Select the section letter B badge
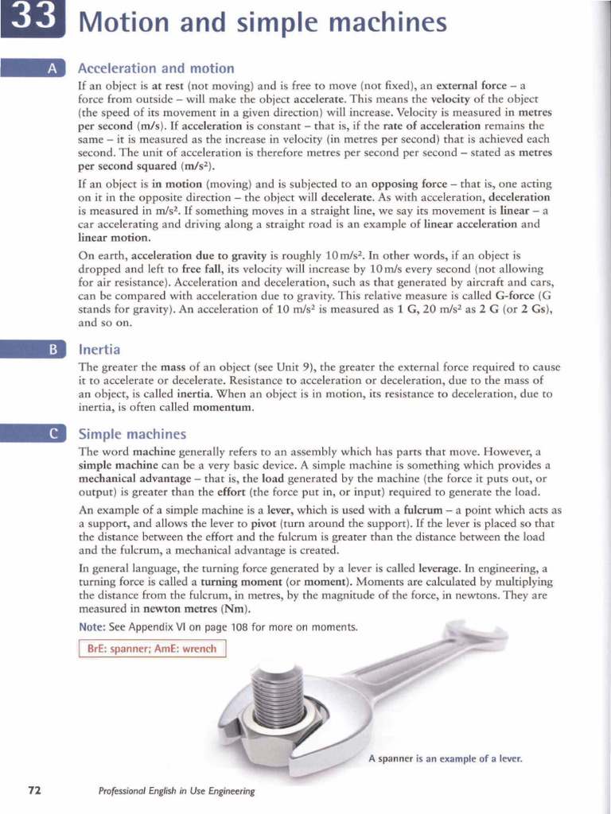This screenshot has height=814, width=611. point(52,348)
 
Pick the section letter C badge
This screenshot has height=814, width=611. point(52,433)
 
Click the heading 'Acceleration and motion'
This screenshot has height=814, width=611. point(156,68)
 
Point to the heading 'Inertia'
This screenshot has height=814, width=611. point(99,348)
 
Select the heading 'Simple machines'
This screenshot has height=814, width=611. point(132,434)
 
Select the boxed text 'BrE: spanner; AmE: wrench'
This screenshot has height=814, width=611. point(152,649)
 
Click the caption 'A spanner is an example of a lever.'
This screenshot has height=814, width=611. point(445,758)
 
